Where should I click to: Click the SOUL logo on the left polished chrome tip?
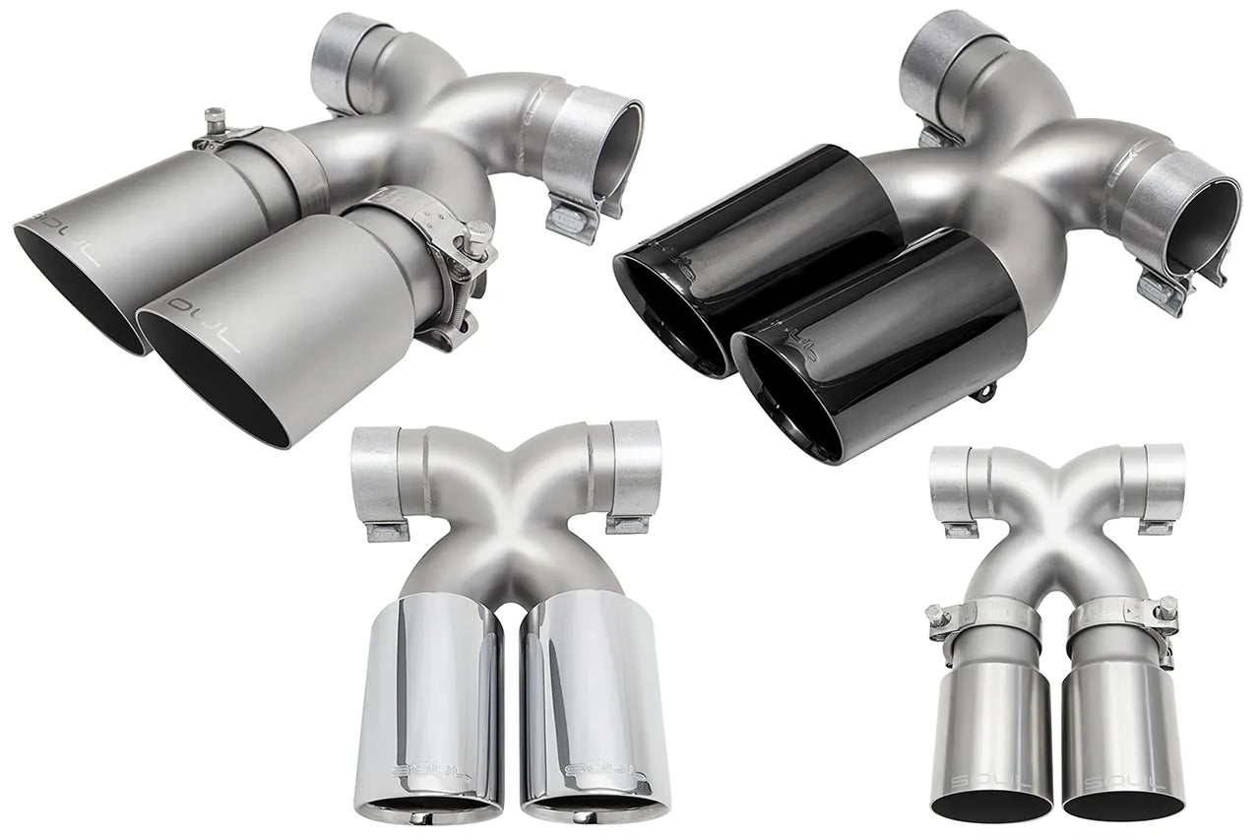pos(418,768)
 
